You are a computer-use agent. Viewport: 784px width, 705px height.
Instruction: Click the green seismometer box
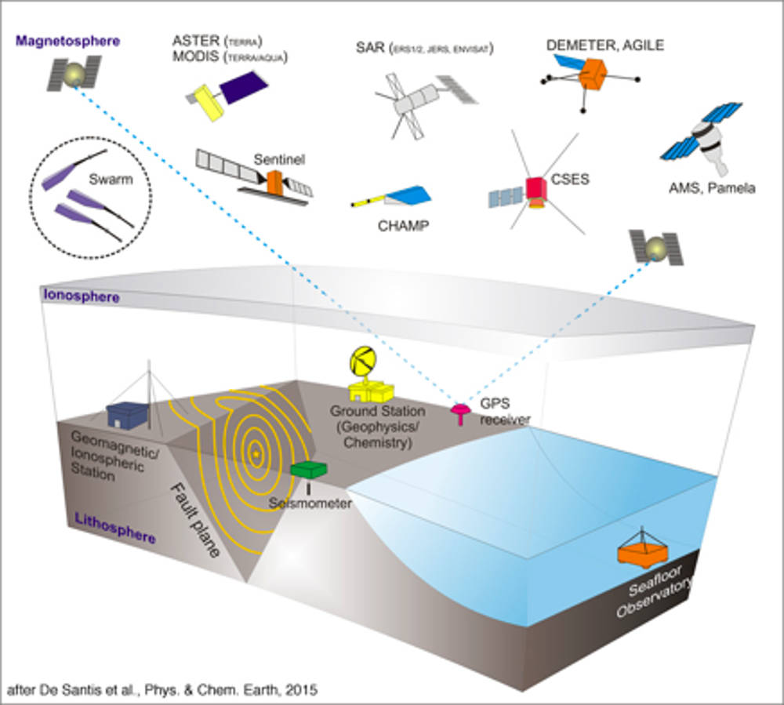308,469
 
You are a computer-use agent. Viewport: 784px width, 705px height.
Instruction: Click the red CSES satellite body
536,189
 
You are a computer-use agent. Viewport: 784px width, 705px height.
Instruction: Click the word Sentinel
279,160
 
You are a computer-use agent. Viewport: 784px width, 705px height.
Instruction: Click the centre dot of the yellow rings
255,453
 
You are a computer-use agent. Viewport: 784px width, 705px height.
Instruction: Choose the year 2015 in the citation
303,691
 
